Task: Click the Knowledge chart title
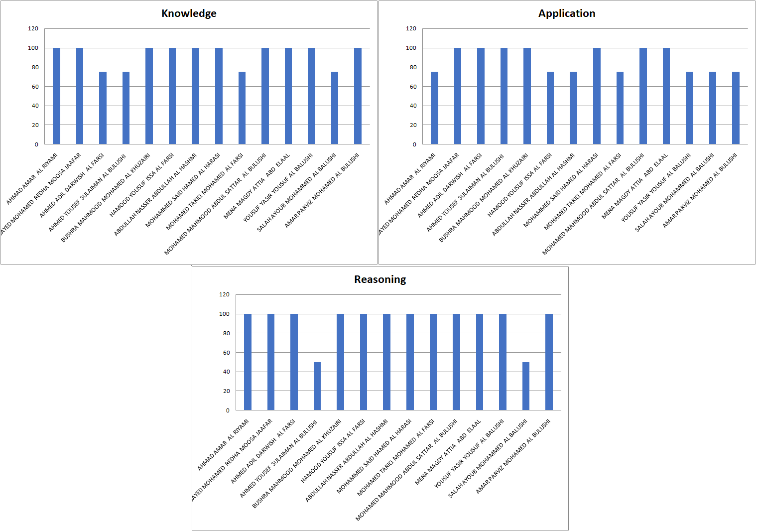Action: [189, 13]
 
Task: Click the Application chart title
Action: [567, 13]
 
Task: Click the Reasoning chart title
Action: [380, 279]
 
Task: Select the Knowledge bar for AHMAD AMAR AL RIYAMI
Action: [56, 96]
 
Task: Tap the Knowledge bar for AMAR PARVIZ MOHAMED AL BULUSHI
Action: [358, 96]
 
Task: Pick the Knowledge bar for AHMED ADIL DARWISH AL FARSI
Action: [103, 108]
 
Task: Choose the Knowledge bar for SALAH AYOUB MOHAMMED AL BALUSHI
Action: [335, 108]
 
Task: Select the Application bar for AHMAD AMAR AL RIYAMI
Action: [434, 108]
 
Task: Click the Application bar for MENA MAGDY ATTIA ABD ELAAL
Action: [666, 96]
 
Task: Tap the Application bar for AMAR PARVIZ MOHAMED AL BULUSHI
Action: [736, 108]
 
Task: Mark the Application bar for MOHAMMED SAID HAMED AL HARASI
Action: [597, 96]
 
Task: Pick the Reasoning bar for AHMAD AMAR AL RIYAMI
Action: [248, 362]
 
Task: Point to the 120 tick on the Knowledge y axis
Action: [33, 28]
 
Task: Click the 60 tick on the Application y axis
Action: [413, 87]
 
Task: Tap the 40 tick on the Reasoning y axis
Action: [227, 372]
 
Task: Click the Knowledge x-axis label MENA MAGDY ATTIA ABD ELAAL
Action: [257, 186]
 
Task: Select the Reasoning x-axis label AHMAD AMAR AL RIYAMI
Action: [224, 445]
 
